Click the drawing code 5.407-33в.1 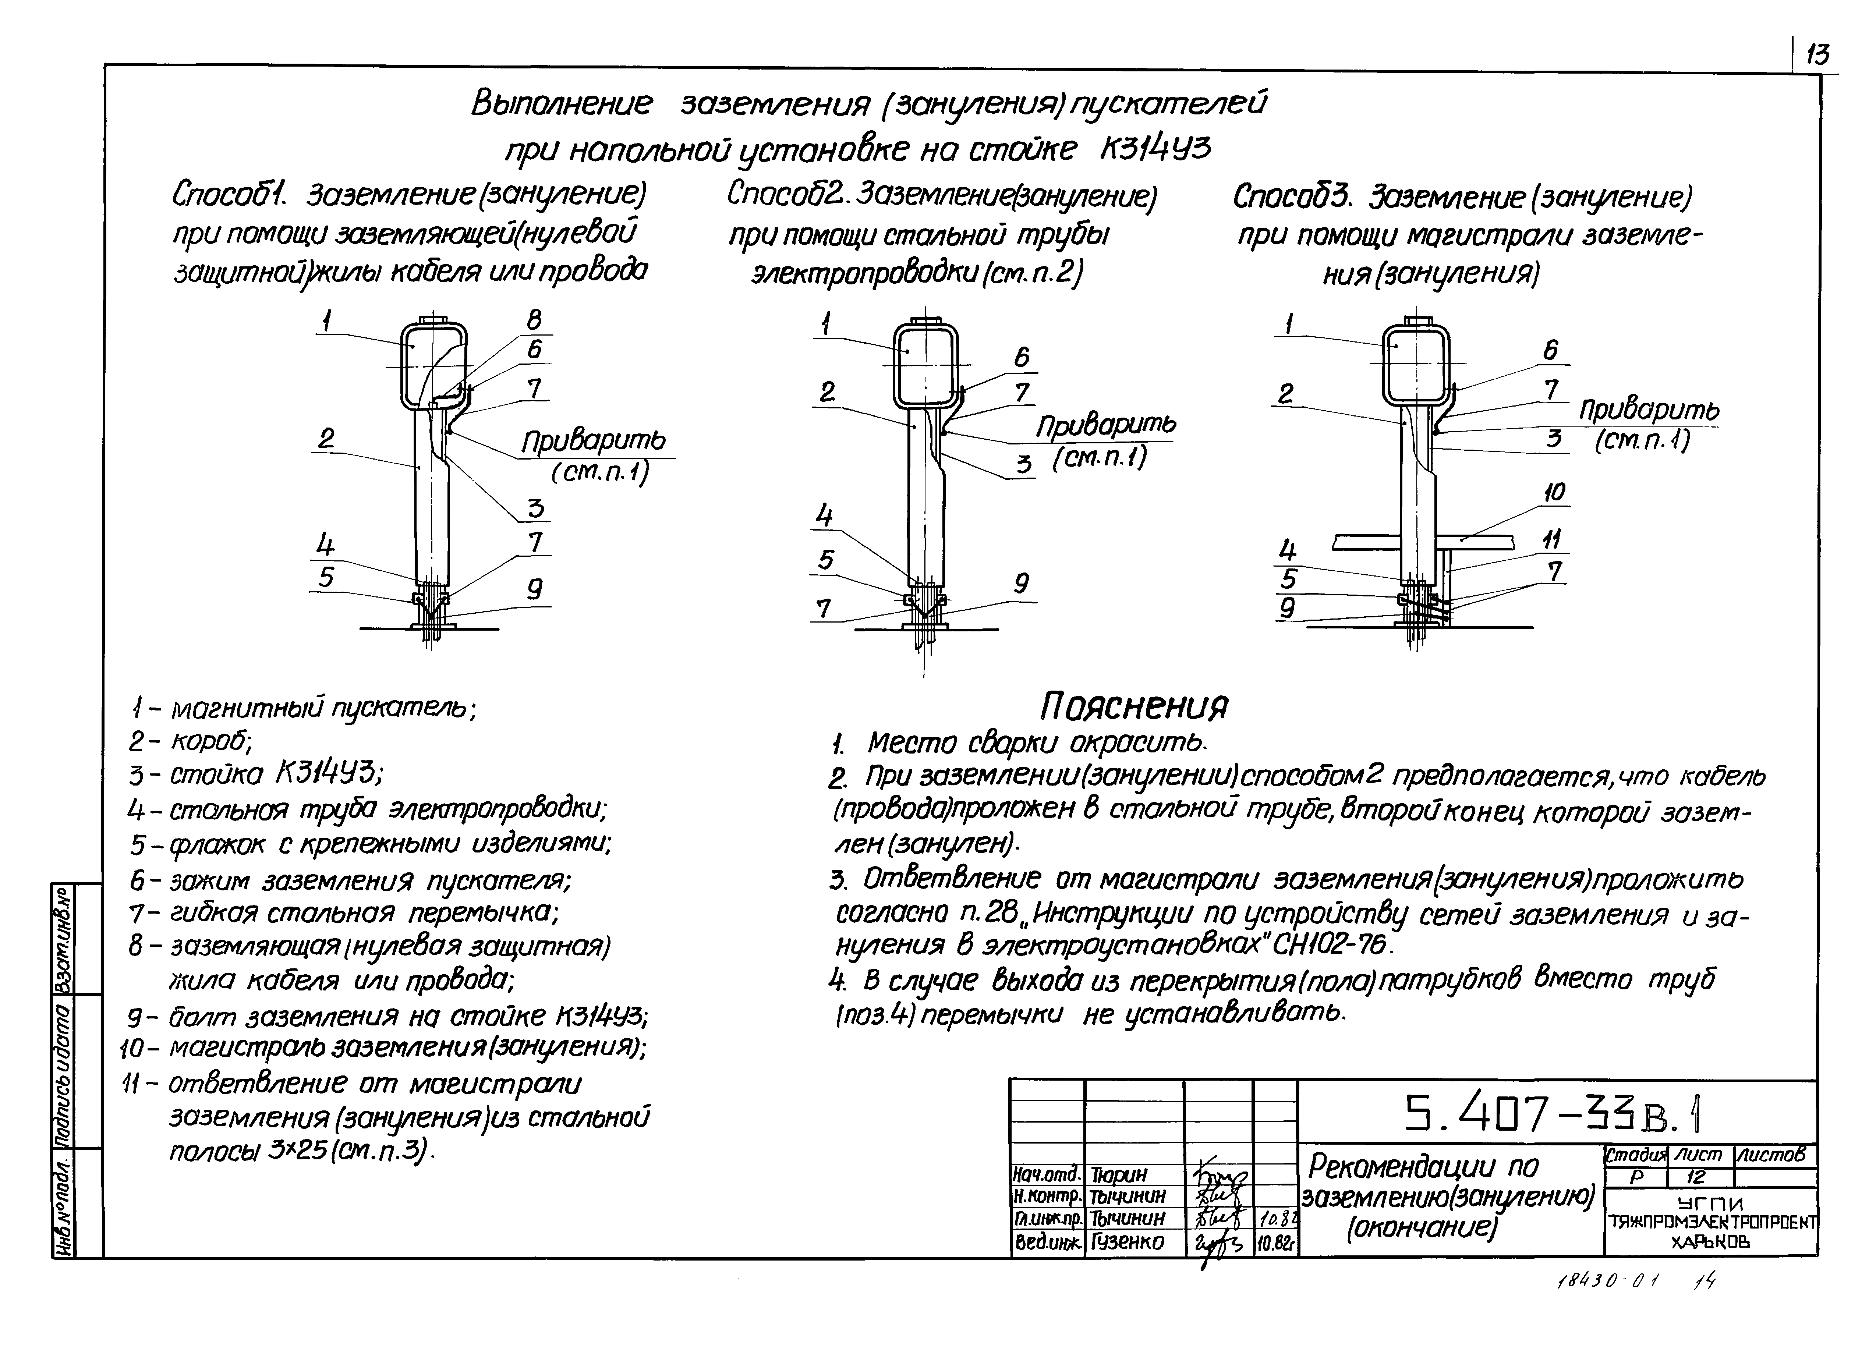click(1553, 1114)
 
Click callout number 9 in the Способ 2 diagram click(1021, 583)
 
